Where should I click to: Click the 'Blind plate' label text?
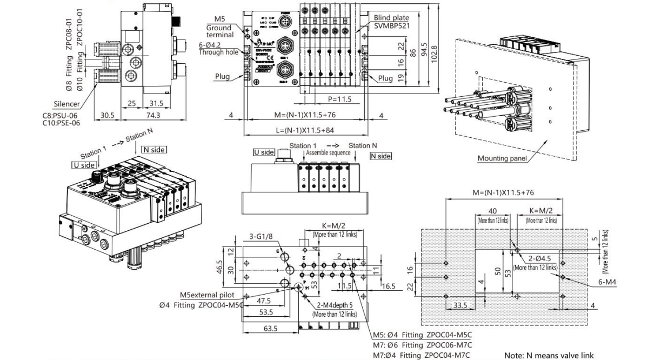(390, 18)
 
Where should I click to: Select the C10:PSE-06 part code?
(61, 123)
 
